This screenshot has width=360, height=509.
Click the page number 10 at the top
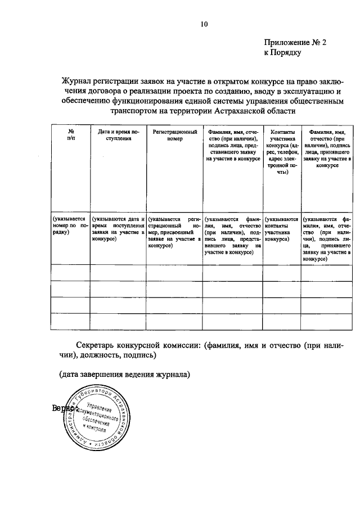(x=204, y=24)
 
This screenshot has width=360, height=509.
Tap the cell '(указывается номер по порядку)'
(x=70, y=225)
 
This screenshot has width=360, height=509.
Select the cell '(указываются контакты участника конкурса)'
(x=281, y=229)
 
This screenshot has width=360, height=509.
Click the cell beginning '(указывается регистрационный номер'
(x=174, y=232)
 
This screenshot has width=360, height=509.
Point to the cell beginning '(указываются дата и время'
(x=118, y=229)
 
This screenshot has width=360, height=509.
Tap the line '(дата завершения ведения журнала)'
(x=125, y=374)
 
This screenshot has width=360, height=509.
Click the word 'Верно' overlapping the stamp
(x=62, y=408)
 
